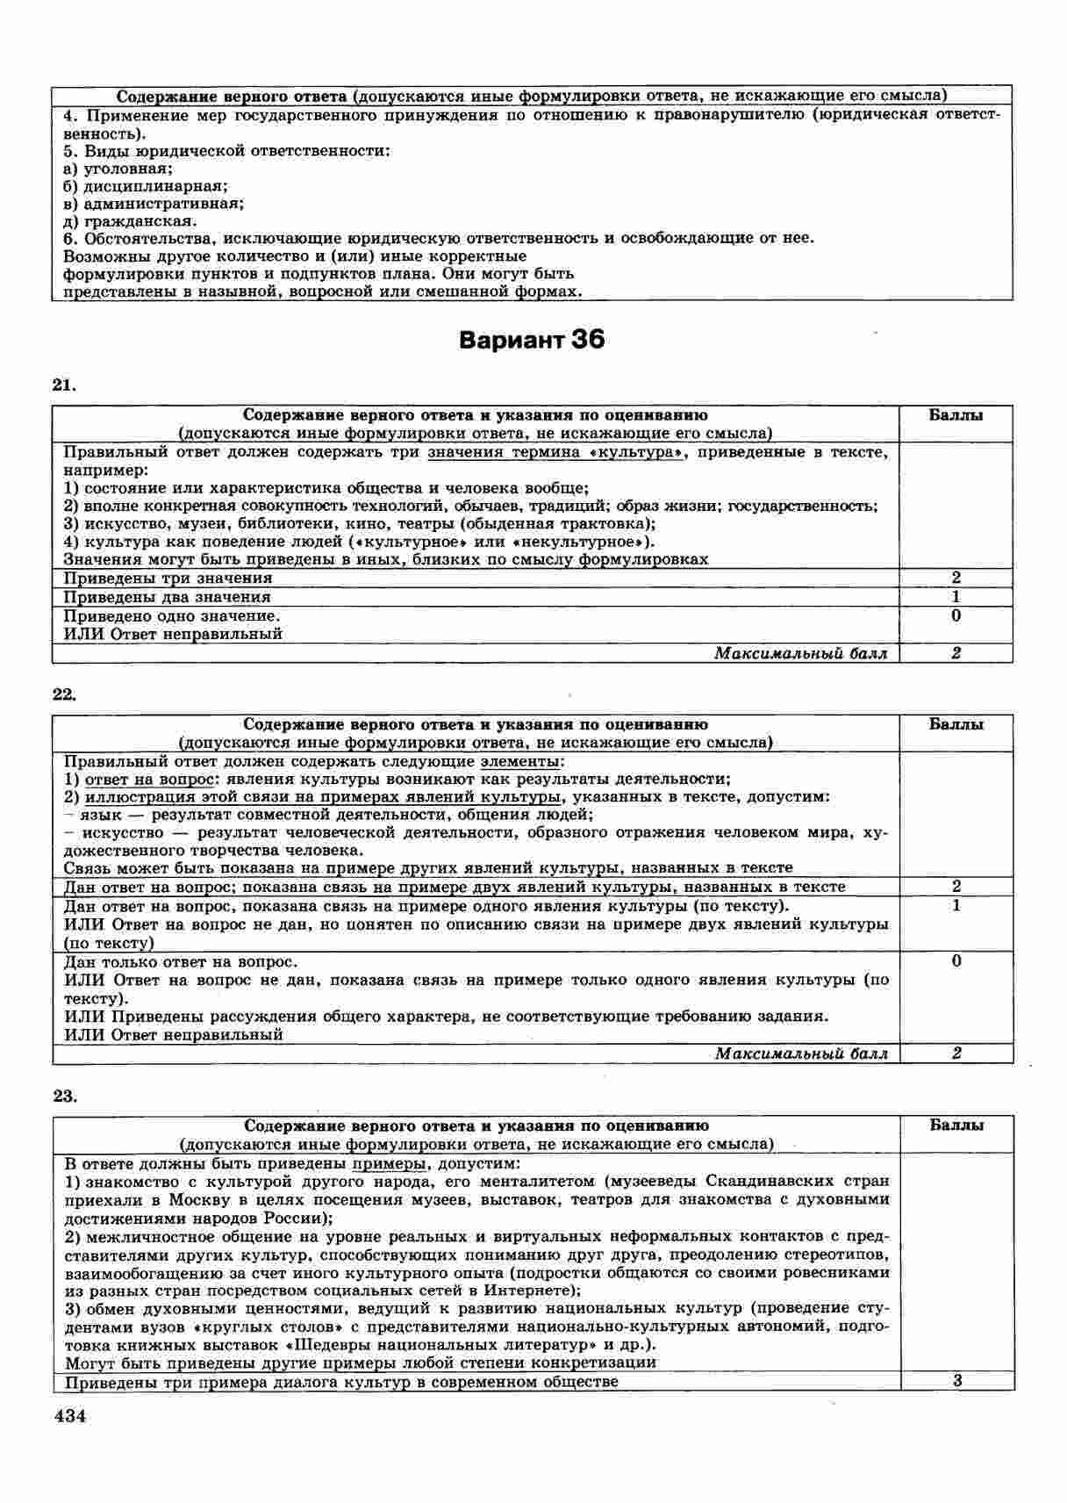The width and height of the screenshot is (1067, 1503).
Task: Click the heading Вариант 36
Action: pyautogui.click(x=532, y=340)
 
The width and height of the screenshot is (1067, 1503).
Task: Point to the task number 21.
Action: pyautogui.click(x=65, y=385)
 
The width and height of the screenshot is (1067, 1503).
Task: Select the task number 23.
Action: pyautogui.click(x=65, y=1096)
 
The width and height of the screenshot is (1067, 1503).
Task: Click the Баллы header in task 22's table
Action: pyautogui.click(x=956, y=724)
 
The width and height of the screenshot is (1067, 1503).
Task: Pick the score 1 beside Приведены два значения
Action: pyautogui.click(x=956, y=597)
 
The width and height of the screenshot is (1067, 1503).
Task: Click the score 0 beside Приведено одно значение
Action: pyautogui.click(x=956, y=615)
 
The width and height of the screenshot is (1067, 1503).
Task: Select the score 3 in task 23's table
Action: pyautogui.click(x=957, y=1381)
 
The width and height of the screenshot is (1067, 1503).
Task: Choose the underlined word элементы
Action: pyautogui.click(x=524, y=761)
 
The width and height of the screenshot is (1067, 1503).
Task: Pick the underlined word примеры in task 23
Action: pyautogui.click(x=387, y=1163)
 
